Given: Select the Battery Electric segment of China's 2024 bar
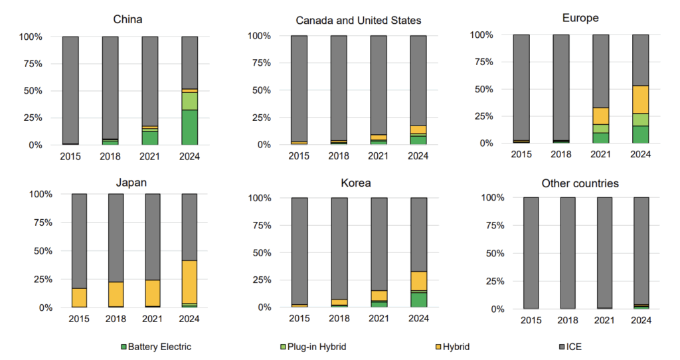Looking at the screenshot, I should point(190,127).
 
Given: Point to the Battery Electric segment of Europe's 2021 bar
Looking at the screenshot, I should point(600,137).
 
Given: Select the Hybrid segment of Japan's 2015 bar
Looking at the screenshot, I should point(79,297).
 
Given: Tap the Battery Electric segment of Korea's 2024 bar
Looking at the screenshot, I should point(418,300).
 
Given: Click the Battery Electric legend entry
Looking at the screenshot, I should point(155,347).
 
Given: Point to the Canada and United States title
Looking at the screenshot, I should point(359,21).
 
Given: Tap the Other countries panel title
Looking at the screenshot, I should point(580,183).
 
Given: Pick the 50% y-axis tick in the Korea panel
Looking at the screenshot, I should point(258,252).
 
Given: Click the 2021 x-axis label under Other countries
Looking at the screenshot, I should point(604,321).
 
